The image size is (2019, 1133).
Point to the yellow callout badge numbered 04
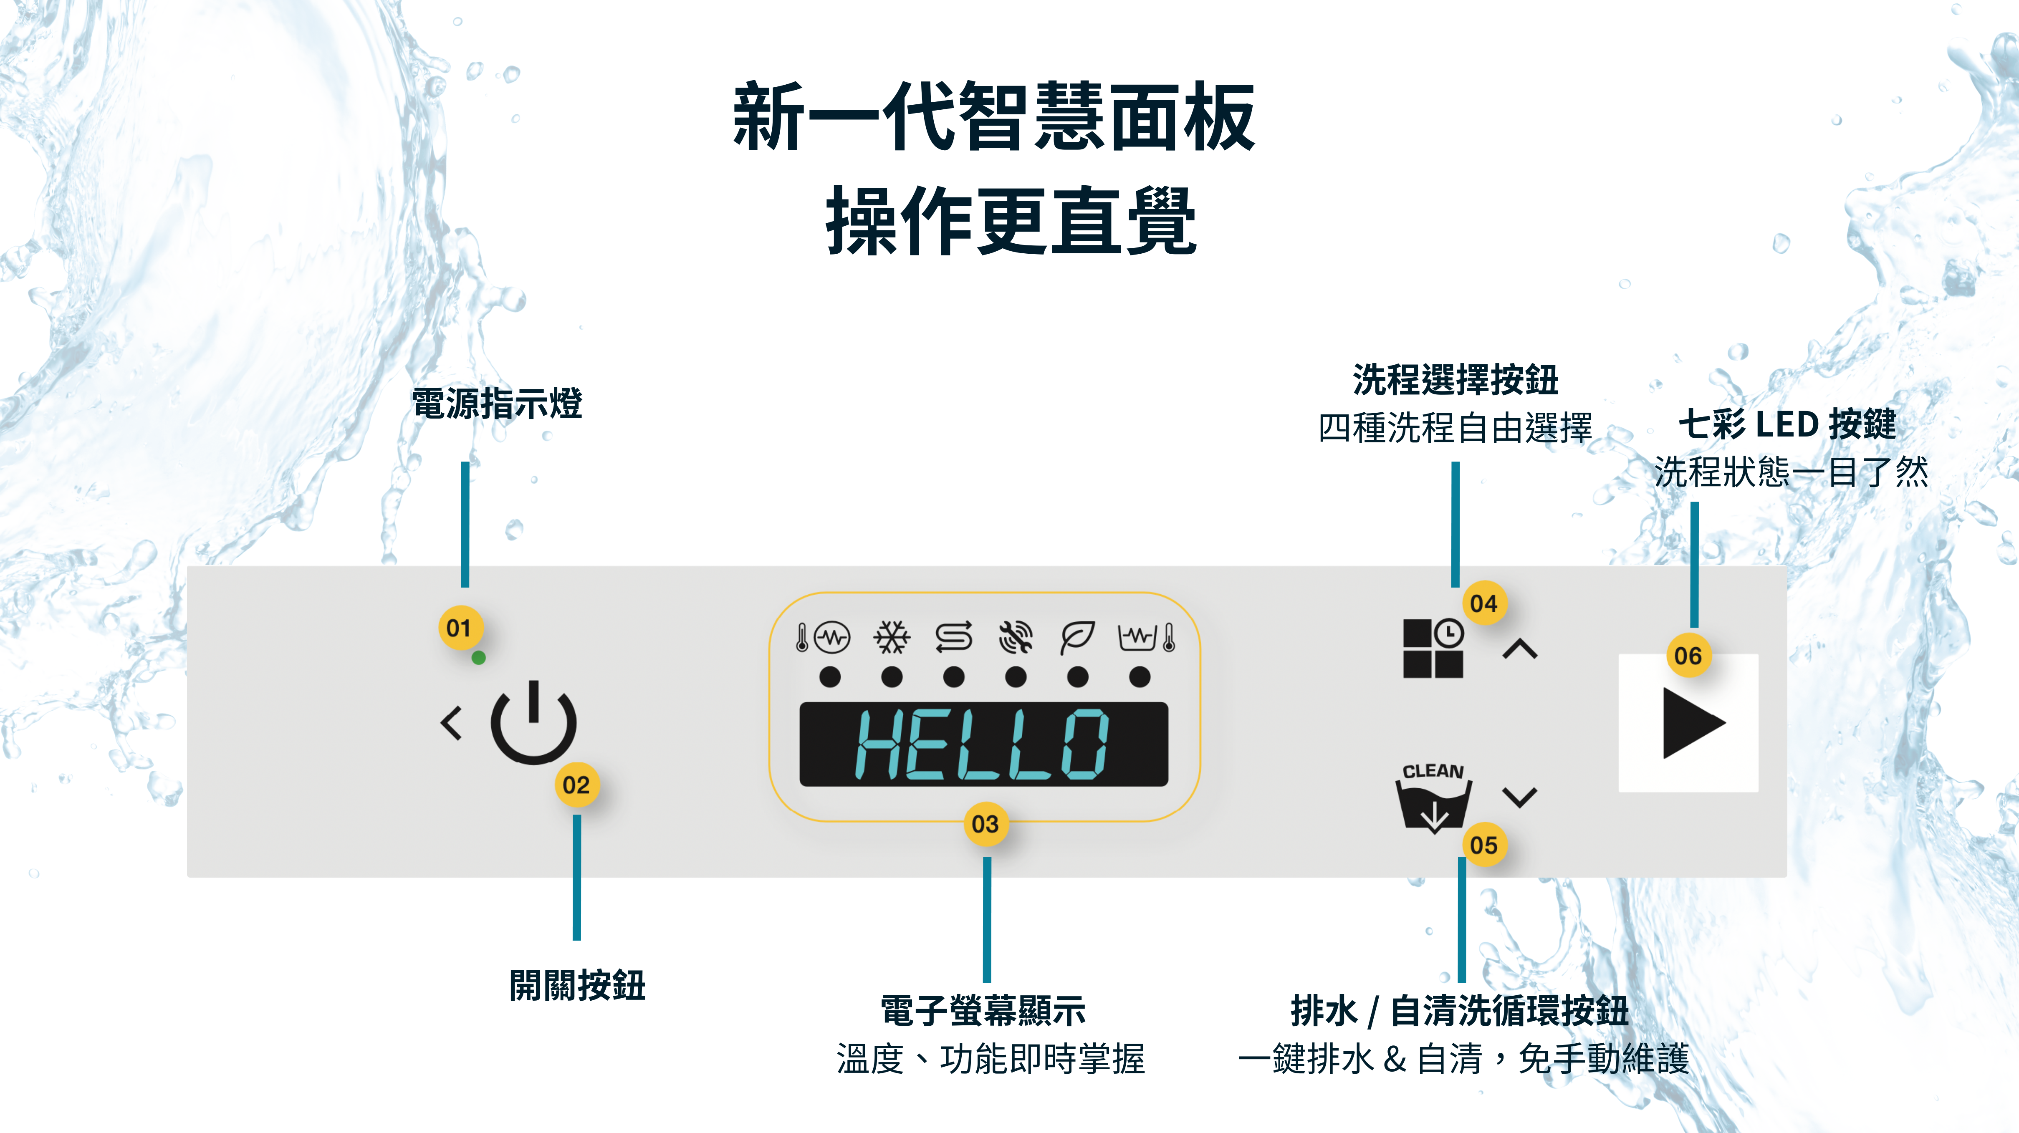tap(1484, 603)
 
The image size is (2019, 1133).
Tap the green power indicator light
tap(479, 658)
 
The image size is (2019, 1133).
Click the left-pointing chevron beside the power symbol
tap(452, 723)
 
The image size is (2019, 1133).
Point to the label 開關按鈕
tap(577, 985)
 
